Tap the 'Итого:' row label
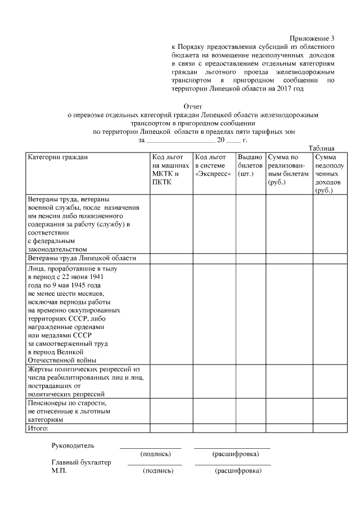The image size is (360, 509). (39, 429)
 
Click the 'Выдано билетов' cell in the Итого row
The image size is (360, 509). (250, 429)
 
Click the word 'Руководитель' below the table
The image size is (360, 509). (70, 446)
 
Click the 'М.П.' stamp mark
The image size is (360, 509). (59, 471)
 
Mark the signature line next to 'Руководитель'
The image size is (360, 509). (150, 447)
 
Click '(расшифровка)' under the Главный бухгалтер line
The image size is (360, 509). (238, 471)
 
